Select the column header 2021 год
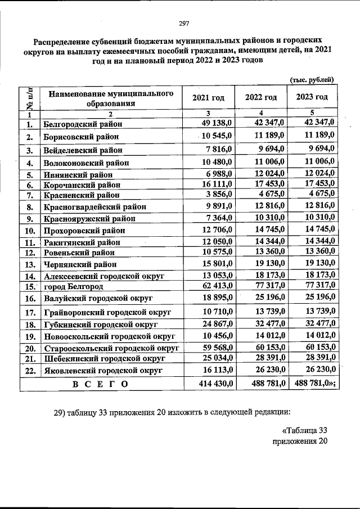click(208, 98)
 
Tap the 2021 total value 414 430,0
click(210, 384)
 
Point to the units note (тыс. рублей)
click(312, 80)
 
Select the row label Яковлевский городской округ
click(102, 371)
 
